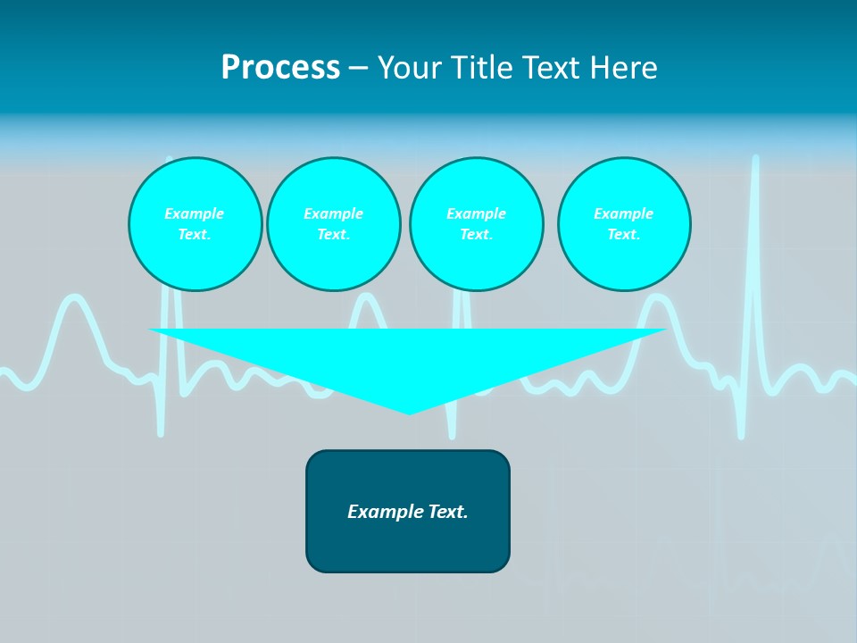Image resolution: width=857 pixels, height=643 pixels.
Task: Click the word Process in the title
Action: (280, 68)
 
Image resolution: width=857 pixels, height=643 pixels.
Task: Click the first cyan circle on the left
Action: (195, 224)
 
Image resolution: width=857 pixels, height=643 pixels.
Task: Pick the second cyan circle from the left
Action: (333, 224)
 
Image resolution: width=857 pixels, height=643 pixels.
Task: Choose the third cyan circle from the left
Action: (476, 224)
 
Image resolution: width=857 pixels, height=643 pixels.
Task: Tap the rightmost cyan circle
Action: (624, 224)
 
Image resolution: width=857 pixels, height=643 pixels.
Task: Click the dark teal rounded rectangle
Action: (408, 545)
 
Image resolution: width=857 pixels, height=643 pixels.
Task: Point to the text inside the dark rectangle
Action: (408, 512)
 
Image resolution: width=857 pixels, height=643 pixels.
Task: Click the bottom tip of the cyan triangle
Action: (409, 412)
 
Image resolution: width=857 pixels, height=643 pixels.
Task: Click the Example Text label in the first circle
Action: (195, 224)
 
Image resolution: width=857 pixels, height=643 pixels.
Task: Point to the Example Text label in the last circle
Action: (624, 224)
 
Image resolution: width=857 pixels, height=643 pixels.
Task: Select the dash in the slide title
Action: (358, 68)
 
